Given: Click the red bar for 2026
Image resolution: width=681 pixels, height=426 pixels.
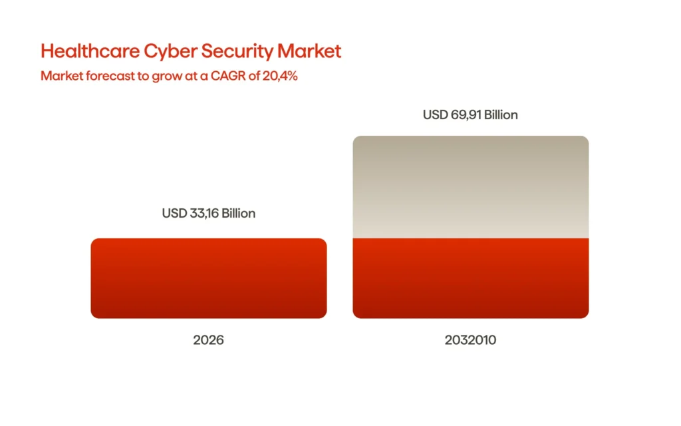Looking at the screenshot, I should pos(208,278).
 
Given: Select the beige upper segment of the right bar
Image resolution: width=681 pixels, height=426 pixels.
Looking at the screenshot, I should pos(470,187).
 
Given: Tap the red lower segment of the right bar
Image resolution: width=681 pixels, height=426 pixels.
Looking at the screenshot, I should pos(470,278).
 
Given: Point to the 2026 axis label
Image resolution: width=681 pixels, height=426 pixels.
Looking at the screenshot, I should pos(208,340).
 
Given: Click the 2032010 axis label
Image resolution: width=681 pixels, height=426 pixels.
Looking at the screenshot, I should pos(470,340).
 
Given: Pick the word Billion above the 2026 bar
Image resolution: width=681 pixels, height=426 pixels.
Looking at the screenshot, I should pos(238,214).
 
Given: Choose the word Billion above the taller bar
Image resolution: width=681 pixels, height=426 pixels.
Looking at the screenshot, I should pos(500,114).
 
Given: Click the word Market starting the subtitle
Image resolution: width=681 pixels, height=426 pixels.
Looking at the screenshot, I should pos(58,76).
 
